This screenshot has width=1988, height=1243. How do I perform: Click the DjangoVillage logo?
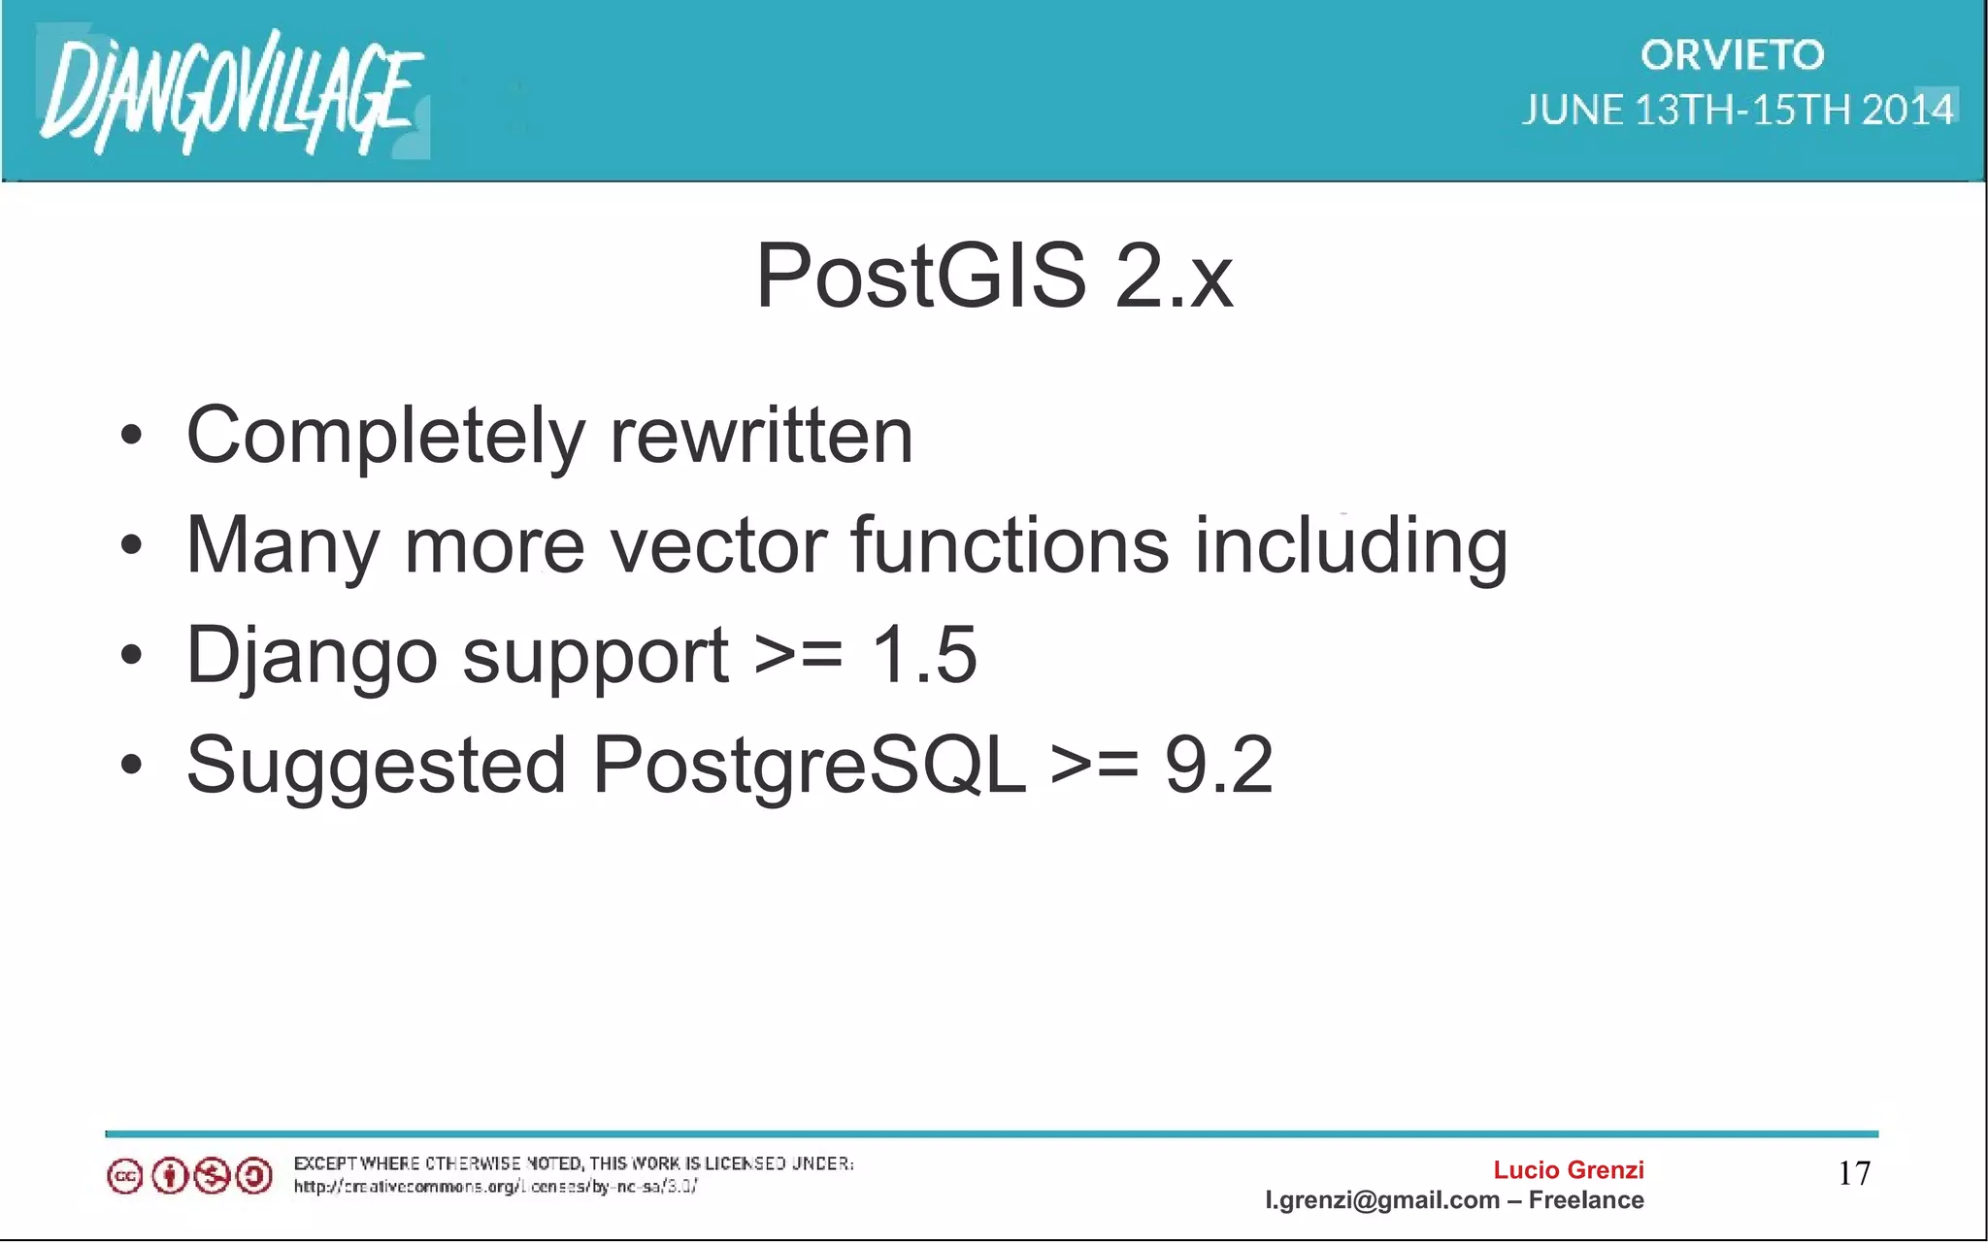(231, 92)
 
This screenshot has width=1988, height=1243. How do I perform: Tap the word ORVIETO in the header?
(1732, 55)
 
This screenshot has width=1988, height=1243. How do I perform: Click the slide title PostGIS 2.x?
(994, 277)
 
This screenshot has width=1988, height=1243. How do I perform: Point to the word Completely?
(384, 436)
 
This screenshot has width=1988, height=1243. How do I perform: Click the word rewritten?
(761, 436)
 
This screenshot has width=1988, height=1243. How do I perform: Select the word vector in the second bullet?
(716, 545)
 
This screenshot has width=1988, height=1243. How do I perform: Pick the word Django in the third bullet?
(312, 656)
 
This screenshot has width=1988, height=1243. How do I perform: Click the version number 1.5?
(924, 655)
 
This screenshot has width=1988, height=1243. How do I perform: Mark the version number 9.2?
(1218, 765)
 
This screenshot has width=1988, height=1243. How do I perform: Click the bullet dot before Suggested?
(132, 765)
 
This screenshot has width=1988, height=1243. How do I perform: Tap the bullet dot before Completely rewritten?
(132, 436)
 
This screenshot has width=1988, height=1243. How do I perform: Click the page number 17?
(1854, 1173)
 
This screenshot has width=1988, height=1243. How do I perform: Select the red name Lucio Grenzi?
(1568, 1170)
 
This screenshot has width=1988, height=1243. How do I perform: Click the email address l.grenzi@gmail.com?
(1381, 1200)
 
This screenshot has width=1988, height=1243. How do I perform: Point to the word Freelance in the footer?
(1586, 1200)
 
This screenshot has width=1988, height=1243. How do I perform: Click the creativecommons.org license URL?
(495, 1187)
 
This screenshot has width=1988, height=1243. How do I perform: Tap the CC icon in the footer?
(124, 1177)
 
